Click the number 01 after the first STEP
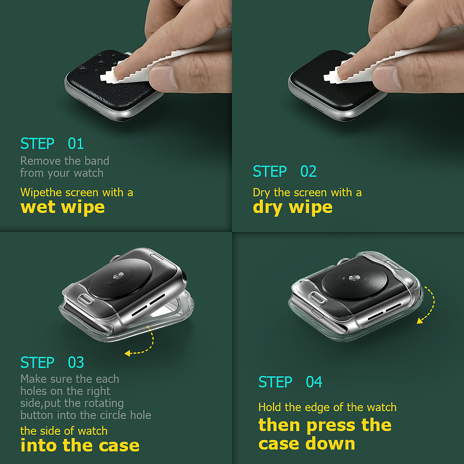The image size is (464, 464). click(x=76, y=143)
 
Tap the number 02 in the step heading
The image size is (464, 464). click(x=309, y=171)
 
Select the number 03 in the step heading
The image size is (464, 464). click(x=76, y=362)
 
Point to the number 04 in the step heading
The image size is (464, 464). click(x=314, y=382)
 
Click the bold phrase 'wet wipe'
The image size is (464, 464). click(x=63, y=207)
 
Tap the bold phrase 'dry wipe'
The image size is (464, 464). click(x=293, y=207)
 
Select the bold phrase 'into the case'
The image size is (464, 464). click(x=80, y=445)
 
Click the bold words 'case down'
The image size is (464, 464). click(x=307, y=444)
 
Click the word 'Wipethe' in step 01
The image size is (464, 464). click(x=41, y=193)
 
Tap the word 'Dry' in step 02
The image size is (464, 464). click(x=261, y=193)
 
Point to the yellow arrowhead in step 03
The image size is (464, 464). click(x=128, y=353)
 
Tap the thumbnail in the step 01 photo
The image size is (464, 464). click(x=162, y=77)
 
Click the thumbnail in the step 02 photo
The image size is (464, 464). click(x=386, y=77)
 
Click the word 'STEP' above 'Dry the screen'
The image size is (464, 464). click(x=270, y=171)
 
